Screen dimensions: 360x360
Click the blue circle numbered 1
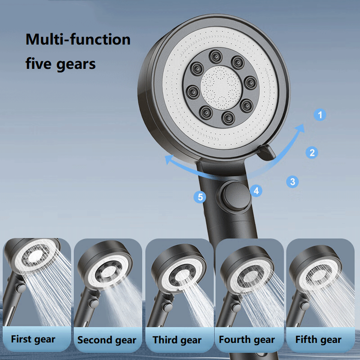point(320,115)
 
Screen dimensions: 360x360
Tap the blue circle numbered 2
point(312,153)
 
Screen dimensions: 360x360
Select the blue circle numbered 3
point(292,182)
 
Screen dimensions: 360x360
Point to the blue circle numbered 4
point(256,191)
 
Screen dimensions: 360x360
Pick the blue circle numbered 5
point(200,197)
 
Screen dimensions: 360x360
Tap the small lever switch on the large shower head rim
point(267,152)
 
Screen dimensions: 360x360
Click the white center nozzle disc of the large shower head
point(221,88)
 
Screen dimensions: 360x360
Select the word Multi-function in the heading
point(78,39)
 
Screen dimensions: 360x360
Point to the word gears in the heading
point(76,65)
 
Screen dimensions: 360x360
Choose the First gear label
point(33,339)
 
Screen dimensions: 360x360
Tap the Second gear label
point(107,340)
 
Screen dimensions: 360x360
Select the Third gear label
point(177,340)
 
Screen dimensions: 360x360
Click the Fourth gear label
point(247,340)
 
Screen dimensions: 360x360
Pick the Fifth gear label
point(319,340)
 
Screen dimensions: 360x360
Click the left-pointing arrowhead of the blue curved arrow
point(170,159)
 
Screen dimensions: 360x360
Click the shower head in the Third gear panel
point(179,269)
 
